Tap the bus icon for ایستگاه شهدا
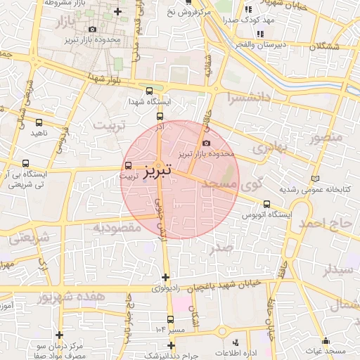(148, 91)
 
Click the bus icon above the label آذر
(160, 117)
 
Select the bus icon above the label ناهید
(39, 120)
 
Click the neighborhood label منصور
(326, 136)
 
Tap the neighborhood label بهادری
(269, 149)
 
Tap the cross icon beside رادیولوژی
(165, 277)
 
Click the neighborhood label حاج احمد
(324, 224)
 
